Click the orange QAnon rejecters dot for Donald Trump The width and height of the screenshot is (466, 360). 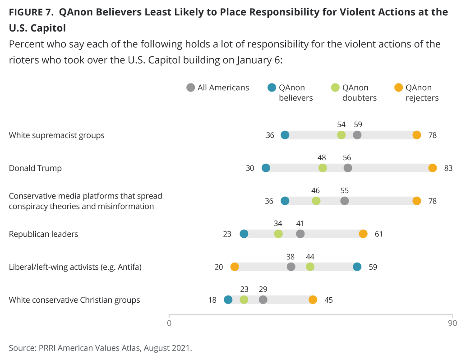tap(433, 168)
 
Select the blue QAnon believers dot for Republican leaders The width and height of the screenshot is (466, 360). tap(244, 234)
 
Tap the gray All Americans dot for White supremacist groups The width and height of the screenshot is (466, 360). tap(357, 135)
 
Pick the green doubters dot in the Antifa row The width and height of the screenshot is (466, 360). tap(310, 267)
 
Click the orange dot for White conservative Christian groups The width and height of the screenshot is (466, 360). tap(313, 300)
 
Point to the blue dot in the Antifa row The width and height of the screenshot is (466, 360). tap(357, 267)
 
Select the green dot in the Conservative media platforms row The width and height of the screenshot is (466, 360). tap(316, 201)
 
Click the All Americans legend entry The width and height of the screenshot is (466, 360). tap(218, 88)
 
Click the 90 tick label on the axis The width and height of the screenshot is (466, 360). tap(452, 323)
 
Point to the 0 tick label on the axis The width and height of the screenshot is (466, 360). tap(169, 323)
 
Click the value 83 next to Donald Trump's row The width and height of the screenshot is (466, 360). tap(448, 168)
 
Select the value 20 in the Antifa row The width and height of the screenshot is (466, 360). tap(219, 267)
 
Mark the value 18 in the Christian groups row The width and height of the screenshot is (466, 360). tap(212, 300)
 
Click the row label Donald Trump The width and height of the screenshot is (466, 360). tap(35, 168)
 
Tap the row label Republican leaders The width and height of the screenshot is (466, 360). tap(43, 234)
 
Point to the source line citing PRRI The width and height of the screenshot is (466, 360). tap(100, 348)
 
